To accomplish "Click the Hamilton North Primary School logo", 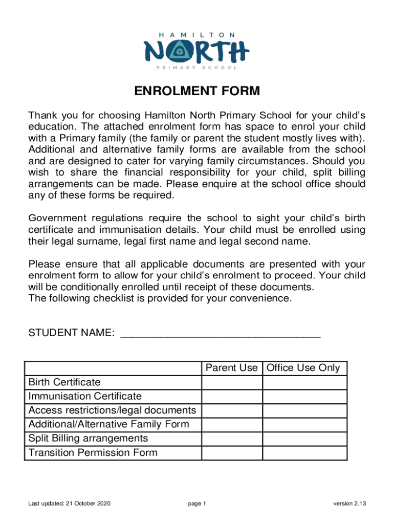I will coord(197,50).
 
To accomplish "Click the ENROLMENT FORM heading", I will coord(197,92).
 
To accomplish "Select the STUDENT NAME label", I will coord(71,333).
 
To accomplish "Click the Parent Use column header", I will coord(231,368).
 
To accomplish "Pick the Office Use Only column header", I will coord(303,368).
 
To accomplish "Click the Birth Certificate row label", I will coord(64,382).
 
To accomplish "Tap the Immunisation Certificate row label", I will coord(85,396).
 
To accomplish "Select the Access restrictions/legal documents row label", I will coord(112,410).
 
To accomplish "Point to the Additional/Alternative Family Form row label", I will coord(108,424).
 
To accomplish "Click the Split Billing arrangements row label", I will coord(88,439).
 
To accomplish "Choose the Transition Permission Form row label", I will coord(93,453).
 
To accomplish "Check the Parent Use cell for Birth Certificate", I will coord(232,383).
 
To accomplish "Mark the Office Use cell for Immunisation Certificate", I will coord(304,397).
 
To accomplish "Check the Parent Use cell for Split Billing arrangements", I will coord(232,439).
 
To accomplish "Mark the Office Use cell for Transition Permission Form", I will coord(304,453).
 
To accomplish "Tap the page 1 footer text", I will coord(197,504).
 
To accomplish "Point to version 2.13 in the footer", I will coord(349,504).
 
